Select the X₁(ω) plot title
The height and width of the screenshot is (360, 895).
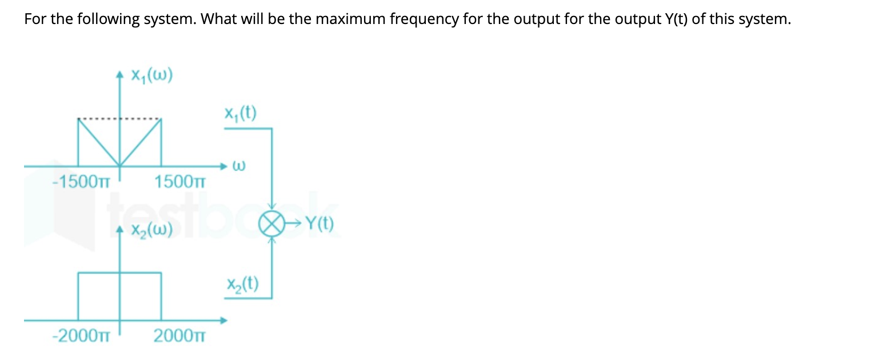click(151, 76)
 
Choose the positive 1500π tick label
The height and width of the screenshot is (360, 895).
click(179, 182)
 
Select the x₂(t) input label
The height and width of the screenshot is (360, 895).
click(242, 284)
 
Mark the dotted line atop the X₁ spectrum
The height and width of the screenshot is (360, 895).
click(119, 119)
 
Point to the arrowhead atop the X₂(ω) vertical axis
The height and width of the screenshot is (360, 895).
click(119, 230)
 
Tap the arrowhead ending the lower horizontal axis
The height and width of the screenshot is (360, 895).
click(225, 320)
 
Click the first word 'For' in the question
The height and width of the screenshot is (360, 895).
click(34, 19)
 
